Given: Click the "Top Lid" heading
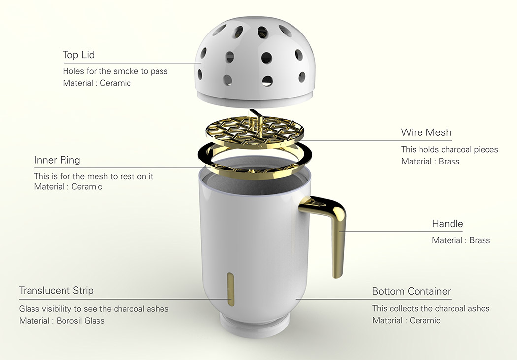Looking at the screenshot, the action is [78, 55].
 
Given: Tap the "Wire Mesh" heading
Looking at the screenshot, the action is [426, 132].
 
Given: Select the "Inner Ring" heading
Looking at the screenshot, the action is [57, 160].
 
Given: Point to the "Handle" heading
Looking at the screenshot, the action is [448, 224].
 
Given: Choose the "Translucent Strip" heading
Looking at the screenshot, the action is [56, 290].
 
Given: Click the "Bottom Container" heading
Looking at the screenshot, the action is [411, 291].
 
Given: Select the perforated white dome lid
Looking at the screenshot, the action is [255, 61].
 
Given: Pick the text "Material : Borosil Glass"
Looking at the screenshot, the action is [62, 321].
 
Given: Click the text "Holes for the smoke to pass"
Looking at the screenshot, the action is [115, 71].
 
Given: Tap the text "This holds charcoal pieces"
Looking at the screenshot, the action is [450, 150].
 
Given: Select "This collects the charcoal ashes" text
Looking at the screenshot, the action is [431, 309].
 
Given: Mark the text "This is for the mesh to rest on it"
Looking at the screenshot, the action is [94, 177].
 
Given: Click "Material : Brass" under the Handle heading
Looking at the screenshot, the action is [461, 240].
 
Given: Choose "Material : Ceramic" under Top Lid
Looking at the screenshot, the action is [97, 83].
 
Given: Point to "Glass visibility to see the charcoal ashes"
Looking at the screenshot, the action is [94, 309].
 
